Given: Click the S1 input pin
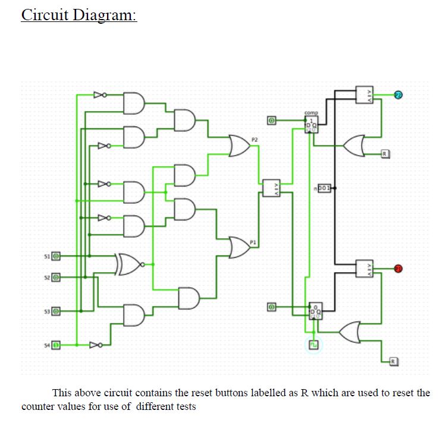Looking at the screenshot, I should [x=55, y=256].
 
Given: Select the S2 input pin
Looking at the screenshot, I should [x=55, y=277].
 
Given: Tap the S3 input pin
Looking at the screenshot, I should [x=55, y=311].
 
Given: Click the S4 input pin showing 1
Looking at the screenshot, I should [x=55, y=344].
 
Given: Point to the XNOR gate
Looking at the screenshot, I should [x=130, y=263].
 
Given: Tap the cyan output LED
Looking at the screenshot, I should [x=398, y=94].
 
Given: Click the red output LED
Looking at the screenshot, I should [x=398, y=269].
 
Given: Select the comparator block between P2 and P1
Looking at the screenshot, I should [x=271, y=188].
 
